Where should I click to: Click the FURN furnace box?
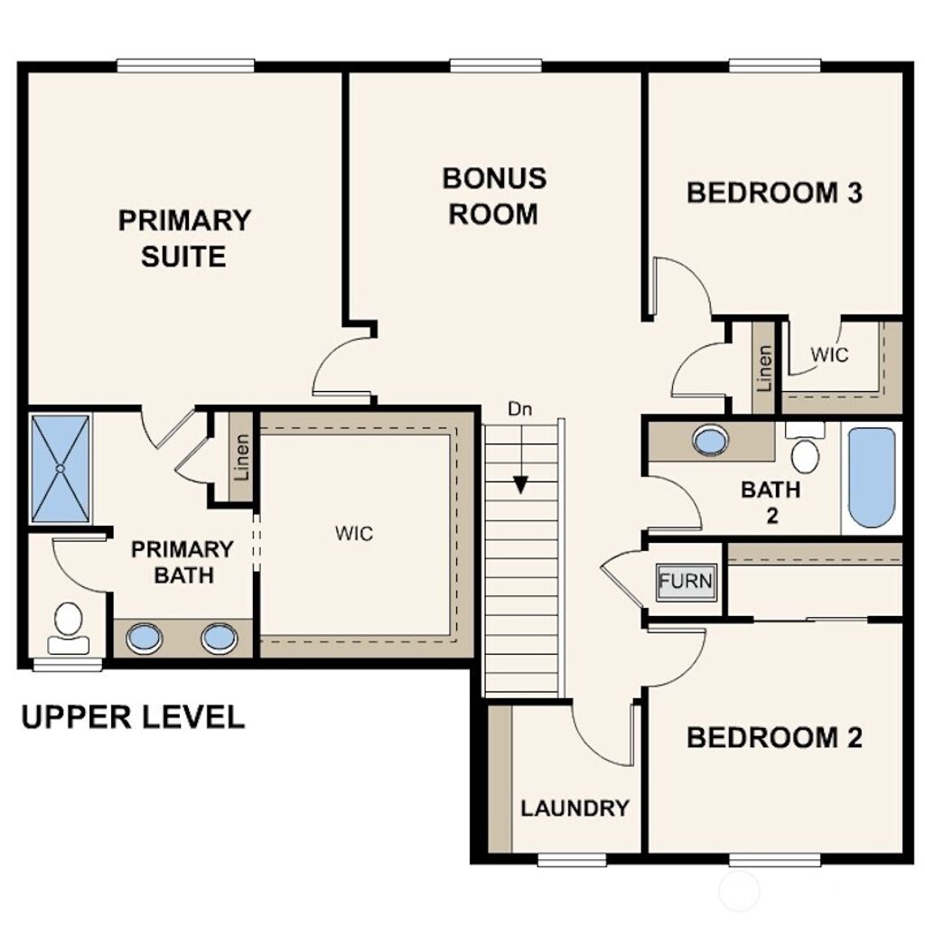point(687,580)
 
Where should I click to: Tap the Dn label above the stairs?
point(519,408)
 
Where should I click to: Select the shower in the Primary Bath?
point(61,468)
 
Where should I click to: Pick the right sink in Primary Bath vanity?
point(218,639)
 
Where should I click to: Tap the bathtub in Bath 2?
point(872,478)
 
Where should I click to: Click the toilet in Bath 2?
point(804,450)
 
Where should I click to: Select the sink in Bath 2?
point(711,441)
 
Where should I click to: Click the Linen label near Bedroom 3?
point(765,367)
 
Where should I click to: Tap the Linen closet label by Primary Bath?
point(241,457)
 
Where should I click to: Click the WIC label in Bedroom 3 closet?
point(828,355)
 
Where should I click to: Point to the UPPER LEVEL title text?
point(133,717)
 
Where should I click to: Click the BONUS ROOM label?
point(494,196)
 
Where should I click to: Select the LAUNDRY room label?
point(575,808)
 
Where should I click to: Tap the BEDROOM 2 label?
point(774,737)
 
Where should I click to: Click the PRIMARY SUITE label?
point(184,238)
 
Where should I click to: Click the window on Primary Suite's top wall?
point(185,65)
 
